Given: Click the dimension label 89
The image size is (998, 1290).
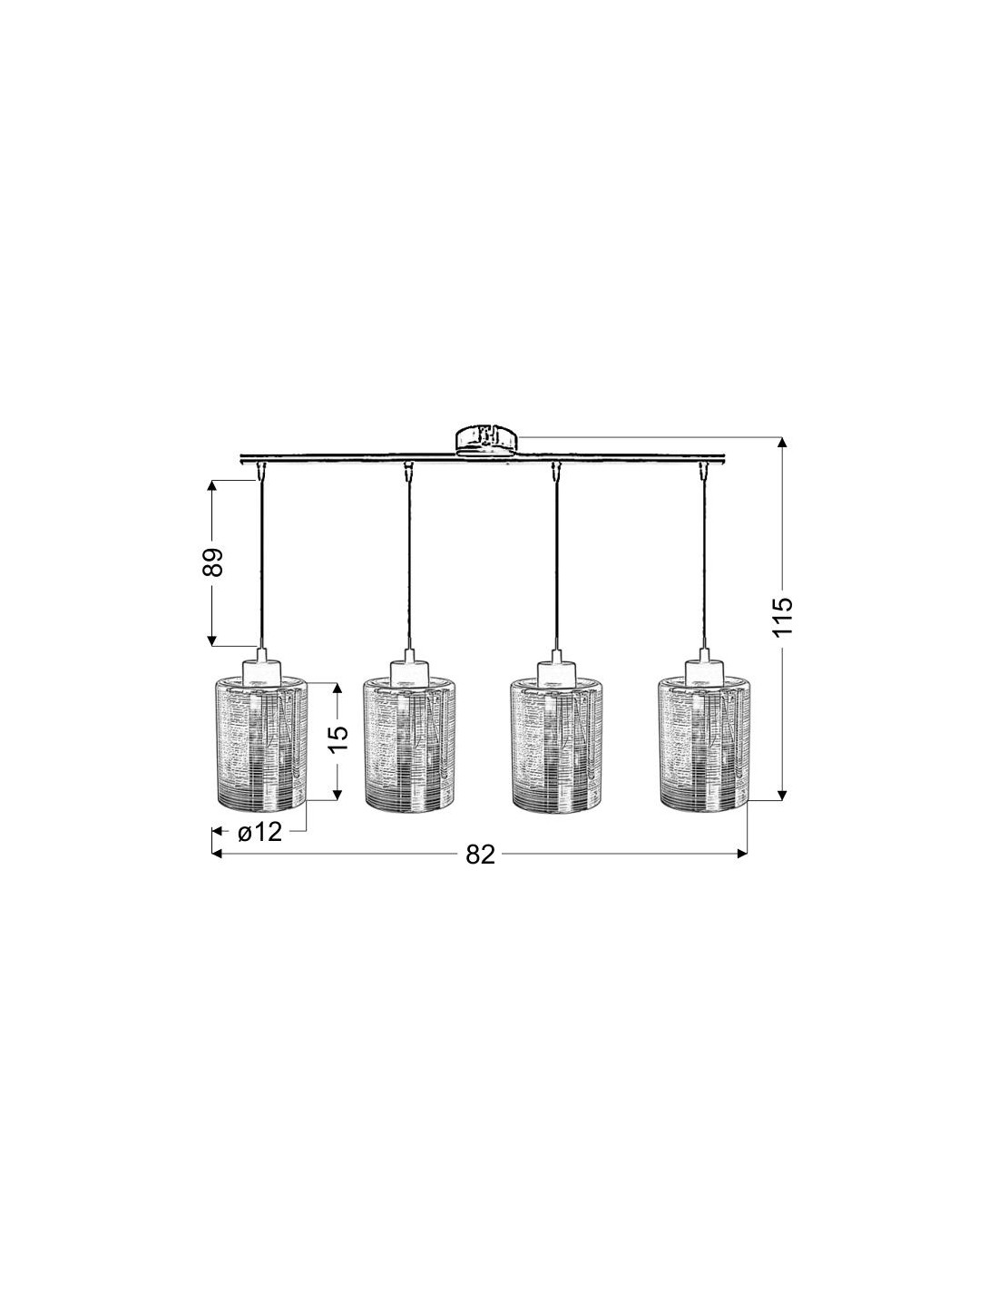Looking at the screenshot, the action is [212, 562].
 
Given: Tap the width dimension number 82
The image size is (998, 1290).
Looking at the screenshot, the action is [480, 855].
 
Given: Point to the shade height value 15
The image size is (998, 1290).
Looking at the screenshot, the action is [338, 740].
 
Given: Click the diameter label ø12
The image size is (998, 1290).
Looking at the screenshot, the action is [259, 832].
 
